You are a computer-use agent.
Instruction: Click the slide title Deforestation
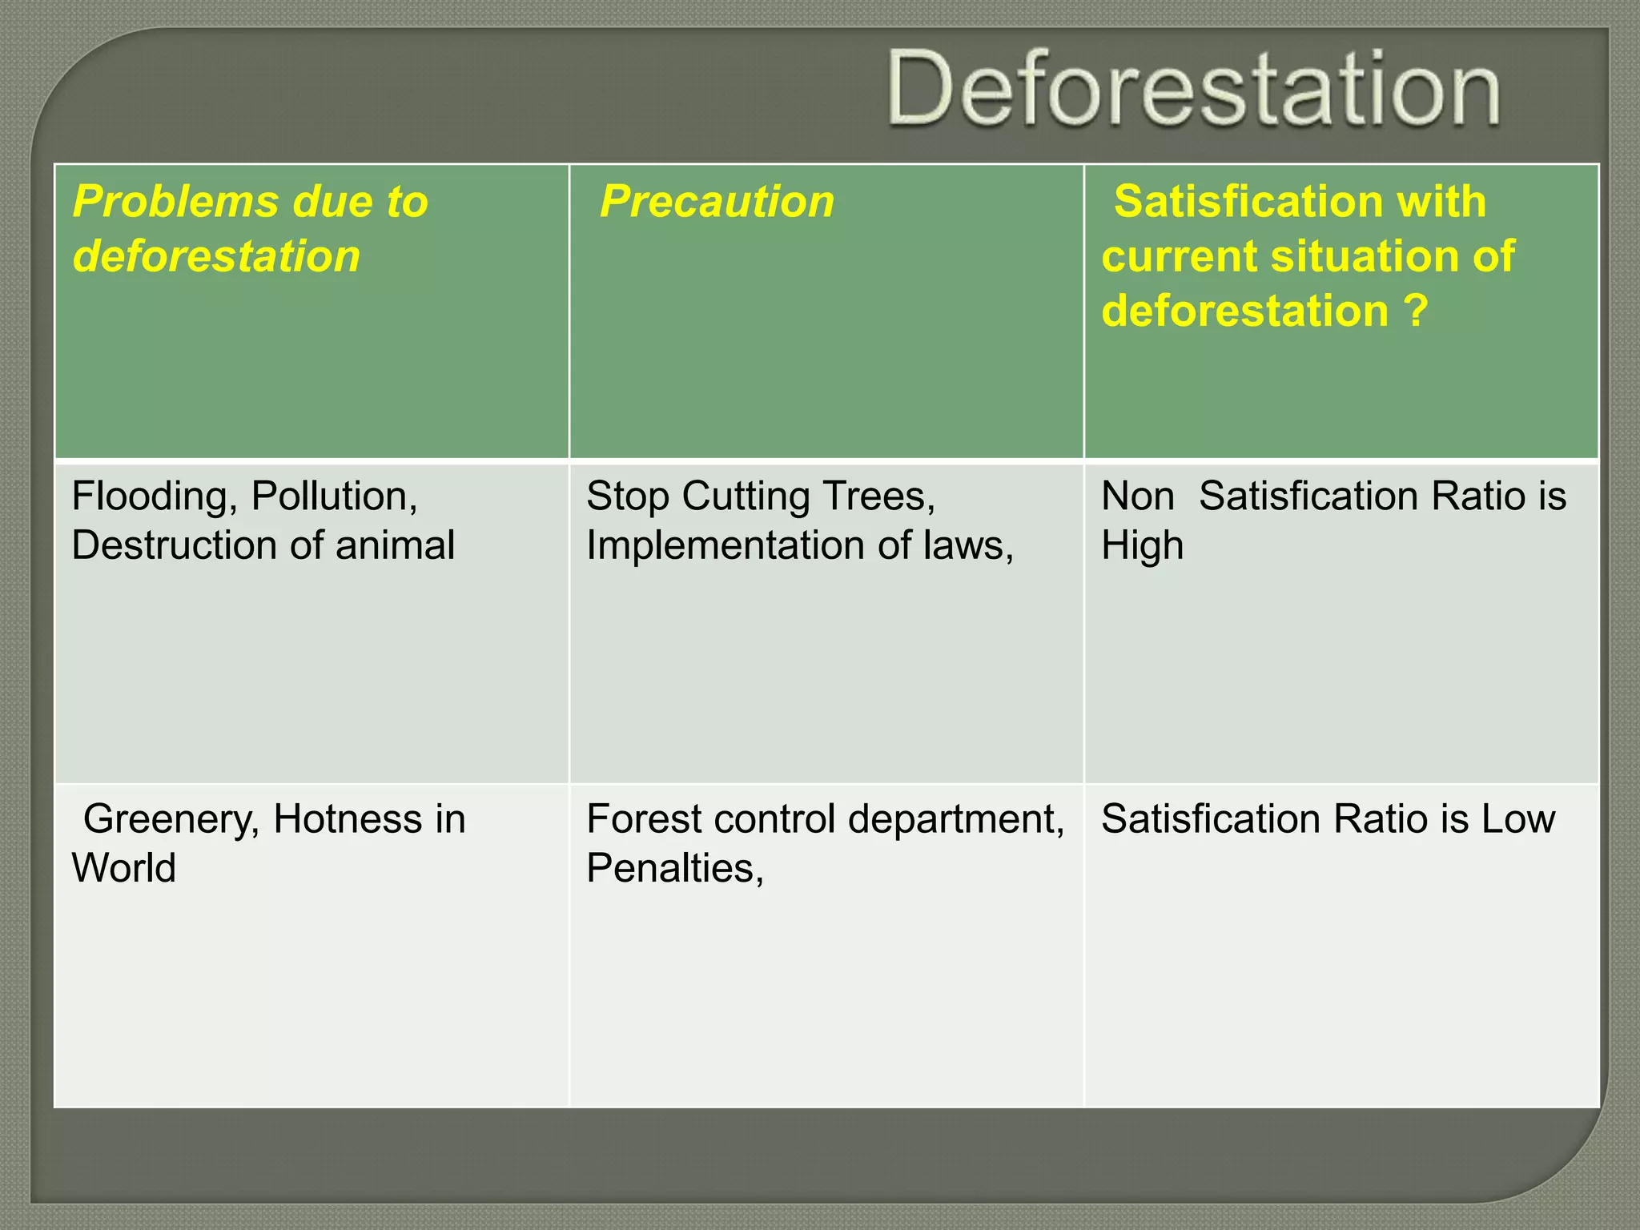coord(1193,88)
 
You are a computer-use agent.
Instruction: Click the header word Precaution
coord(717,201)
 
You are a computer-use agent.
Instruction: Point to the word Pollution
coord(333,496)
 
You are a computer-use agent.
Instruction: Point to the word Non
coord(1137,496)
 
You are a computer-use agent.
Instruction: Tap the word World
coord(124,868)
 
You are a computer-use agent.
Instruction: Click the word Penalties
coord(674,868)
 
